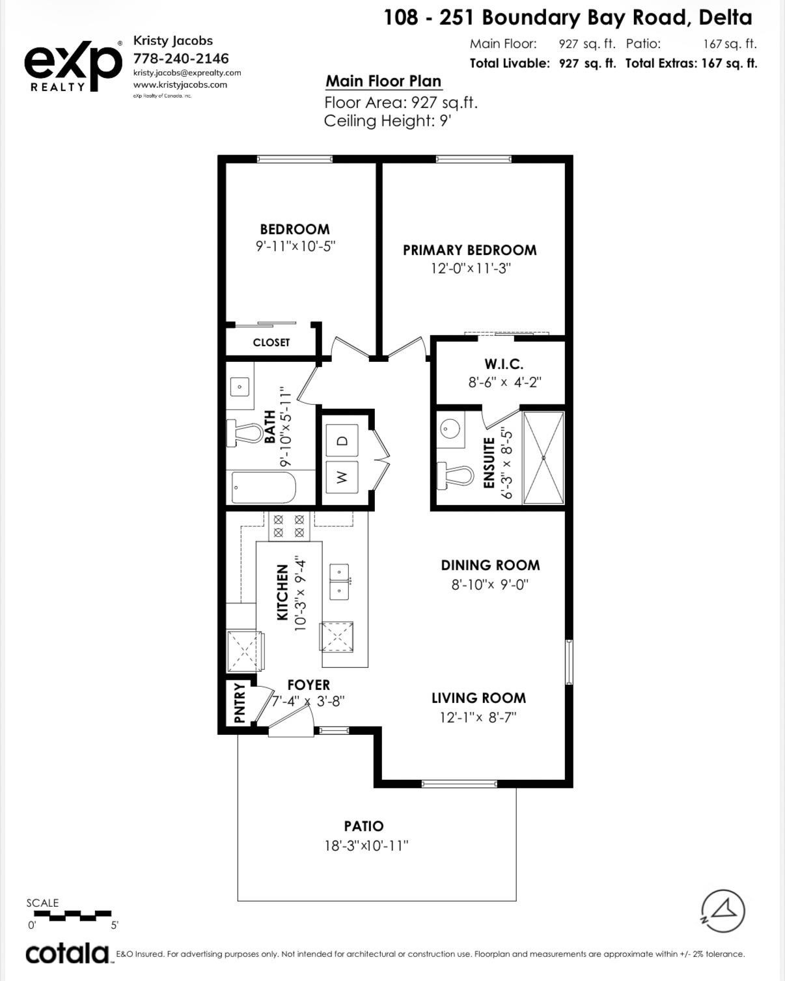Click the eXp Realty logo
(73, 65)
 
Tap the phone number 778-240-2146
(181, 59)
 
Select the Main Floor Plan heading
(383, 81)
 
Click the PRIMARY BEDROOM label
(469, 250)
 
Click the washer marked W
(342, 477)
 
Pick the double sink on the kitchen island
(339, 581)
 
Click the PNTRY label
(240, 703)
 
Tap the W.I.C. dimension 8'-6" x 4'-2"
(504, 382)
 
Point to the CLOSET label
(271, 342)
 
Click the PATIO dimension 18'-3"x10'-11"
(366, 846)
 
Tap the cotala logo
(67, 954)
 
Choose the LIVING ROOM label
(478, 698)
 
